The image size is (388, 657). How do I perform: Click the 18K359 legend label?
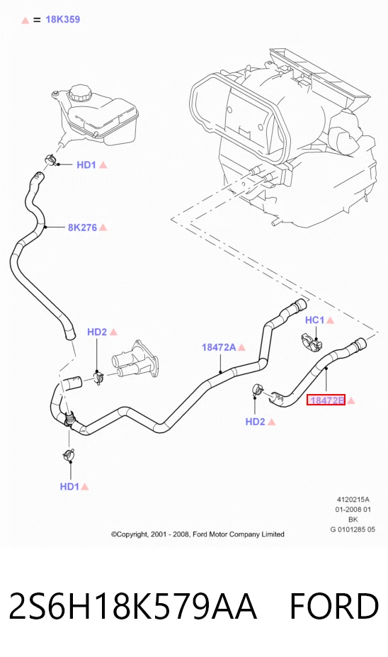click(x=63, y=19)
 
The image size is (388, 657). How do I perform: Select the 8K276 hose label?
click(x=82, y=228)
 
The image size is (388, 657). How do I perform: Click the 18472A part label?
click(x=219, y=347)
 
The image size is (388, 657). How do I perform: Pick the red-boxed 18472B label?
click(x=326, y=400)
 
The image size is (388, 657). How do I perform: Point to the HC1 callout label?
click(x=315, y=320)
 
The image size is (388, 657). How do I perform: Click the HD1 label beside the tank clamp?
click(x=86, y=164)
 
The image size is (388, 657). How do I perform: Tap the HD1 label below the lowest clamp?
click(x=69, y=486)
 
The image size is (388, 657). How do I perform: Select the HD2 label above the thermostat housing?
click(x=97, y=332)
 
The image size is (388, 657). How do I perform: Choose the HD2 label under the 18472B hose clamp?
click(x=256, y=422)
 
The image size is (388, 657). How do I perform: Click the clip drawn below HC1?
click(x=312, y=343)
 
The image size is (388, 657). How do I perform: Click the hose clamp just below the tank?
click(x=51, y=159)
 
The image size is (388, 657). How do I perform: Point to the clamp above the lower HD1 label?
click(x=69, y=454)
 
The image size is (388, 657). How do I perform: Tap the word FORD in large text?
click(x=334, y=606)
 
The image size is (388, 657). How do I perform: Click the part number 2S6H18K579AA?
click(x=132, y=606)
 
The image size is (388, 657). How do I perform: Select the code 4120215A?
click(x=353, y=500)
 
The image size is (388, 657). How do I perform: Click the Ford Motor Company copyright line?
click(x=198, y=534)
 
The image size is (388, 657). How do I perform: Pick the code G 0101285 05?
click(x=353, y=529)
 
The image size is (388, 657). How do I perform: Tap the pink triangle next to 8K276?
click(x=103, y=228)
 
